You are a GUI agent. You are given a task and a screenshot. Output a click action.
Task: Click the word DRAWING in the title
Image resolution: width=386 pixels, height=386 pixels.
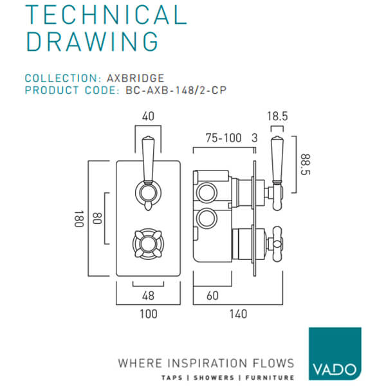[92, 41]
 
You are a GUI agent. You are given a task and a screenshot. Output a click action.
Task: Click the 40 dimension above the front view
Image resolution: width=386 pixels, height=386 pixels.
[148, 117]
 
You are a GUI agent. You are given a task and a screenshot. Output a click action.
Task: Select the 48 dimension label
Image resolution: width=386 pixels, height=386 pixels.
[148, 296]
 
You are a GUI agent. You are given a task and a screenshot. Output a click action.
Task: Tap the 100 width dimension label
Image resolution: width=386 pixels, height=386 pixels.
[148, 314]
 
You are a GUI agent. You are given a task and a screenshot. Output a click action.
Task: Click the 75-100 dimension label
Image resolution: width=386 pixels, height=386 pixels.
[221, 138]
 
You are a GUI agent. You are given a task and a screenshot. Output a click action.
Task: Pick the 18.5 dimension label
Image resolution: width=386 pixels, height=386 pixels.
[277, 117]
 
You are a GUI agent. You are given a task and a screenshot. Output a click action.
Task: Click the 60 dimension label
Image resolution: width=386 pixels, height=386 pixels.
[212, 296]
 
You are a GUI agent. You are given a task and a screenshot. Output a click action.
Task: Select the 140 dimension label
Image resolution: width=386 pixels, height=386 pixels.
[238, 314]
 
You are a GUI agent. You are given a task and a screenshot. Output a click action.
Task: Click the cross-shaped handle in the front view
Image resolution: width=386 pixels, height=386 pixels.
[148, 243]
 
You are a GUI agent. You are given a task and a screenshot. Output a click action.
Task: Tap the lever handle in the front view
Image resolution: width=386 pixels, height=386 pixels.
[148, 167]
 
